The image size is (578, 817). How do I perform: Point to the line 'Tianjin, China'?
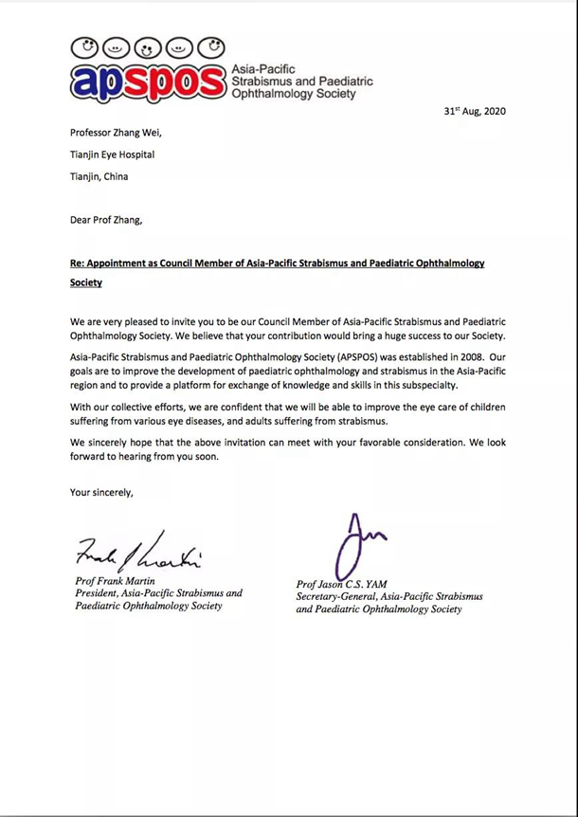point(99,176)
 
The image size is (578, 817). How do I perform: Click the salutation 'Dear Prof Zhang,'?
point(105,220)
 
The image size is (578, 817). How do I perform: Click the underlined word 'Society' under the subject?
point(86,281)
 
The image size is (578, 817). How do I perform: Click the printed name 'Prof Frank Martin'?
point(117,580)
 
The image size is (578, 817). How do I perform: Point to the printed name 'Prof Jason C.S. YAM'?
point(343,585)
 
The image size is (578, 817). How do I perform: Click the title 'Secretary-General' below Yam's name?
point(338,597)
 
